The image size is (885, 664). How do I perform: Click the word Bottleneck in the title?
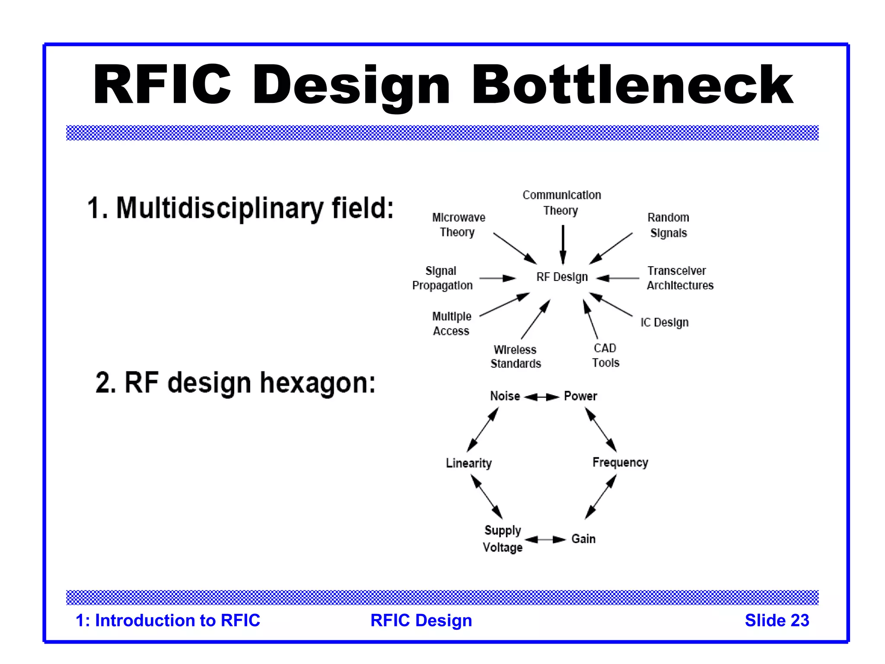[632, 84]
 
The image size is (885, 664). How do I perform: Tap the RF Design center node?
[562, 277]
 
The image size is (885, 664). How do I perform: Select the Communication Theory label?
[561, 203]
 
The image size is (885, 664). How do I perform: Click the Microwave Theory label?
[458, 225]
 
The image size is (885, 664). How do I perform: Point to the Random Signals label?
[668, 225]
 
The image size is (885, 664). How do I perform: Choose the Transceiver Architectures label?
[680, 278]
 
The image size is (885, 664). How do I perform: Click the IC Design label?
[664, 322]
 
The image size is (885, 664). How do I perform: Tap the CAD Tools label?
[605, 355]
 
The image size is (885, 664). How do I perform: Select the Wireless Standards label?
[515, 357]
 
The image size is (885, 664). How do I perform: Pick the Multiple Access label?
[451, 323]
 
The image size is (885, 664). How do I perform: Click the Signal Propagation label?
[442, 278]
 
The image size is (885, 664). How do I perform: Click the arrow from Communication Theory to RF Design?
[563, 245]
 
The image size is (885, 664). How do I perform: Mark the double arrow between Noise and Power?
[541, 397]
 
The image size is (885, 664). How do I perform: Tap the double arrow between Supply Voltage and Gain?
[545, 539]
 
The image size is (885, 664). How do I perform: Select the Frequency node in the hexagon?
[620, 463]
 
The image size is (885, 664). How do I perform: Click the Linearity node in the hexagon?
[468, 463]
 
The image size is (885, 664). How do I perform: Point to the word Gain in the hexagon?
[583, 539]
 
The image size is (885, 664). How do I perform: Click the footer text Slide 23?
[777, 620]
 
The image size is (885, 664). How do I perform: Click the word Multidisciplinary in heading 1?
[220, 208]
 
